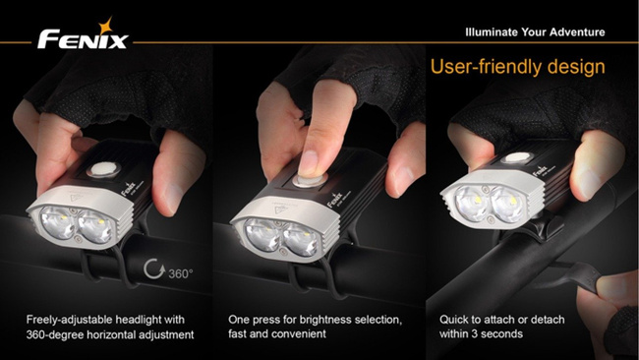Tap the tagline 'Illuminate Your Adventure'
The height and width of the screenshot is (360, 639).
(x=535, y=32)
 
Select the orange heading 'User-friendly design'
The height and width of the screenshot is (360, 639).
(x=518, y=68)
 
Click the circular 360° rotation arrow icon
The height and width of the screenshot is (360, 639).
(x=151, y=270)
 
